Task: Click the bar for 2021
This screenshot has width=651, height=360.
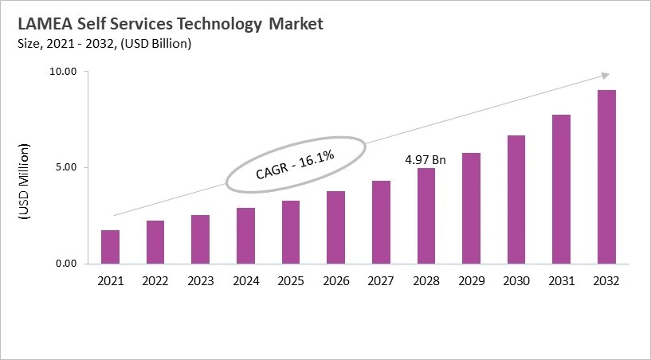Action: coord(110,246)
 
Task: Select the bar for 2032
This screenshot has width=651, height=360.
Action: coord(607,176)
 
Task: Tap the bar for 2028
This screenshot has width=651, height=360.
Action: coord(426,215)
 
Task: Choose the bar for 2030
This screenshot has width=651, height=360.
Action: coord(516,199)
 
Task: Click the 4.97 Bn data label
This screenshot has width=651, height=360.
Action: coord(426,160)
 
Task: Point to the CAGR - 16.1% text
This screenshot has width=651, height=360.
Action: coord(295,163)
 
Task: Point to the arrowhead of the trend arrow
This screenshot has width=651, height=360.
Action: coord(606,75)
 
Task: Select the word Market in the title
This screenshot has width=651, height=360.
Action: coord(296,25)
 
